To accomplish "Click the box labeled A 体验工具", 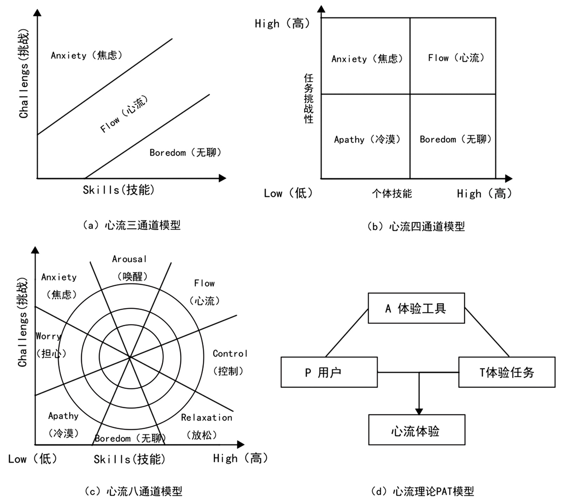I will [416, 308].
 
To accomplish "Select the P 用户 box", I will [329, 372].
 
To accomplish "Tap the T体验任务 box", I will [507, 372].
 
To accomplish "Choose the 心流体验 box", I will [416, 430].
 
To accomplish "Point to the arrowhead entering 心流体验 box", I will [419, 411].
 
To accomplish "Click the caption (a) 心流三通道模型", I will [131, 225].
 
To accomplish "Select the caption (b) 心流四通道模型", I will [416, 226].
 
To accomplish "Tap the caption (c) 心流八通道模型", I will [133, 491].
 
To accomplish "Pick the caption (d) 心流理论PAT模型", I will [423, 491].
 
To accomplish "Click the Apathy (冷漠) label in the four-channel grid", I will [367, 139].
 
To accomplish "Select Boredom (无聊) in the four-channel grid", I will [455, 139].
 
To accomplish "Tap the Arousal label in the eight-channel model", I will [129, 259].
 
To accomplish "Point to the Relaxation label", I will [206, 417].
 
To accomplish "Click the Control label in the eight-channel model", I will [230, 354].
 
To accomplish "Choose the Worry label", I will [48, 336].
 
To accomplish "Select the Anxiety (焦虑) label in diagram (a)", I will [86, 55].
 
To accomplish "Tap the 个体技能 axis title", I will [392, 193].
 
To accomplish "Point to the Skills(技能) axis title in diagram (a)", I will [119, 190].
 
